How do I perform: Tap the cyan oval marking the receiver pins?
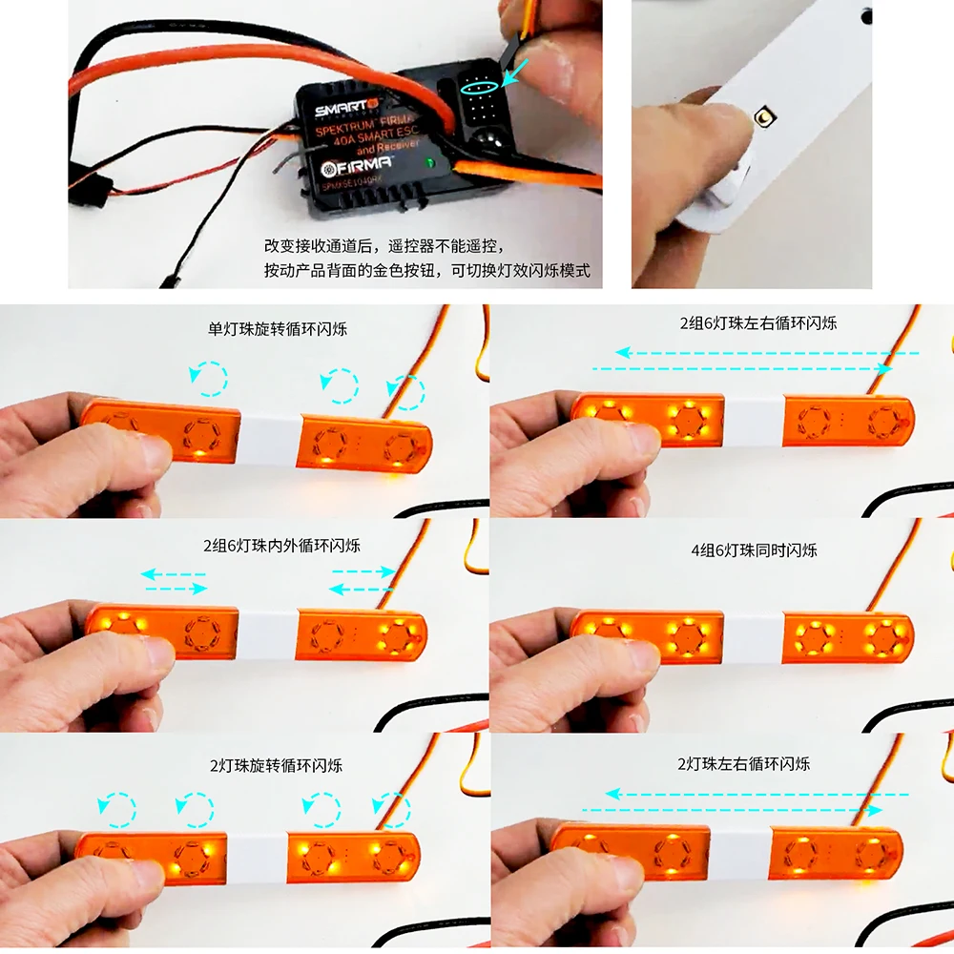477,87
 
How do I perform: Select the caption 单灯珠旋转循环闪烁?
278,330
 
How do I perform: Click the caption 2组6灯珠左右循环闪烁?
757,323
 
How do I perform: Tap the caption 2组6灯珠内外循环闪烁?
280,546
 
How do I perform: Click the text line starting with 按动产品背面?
427,271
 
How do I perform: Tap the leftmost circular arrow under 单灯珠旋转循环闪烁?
210,378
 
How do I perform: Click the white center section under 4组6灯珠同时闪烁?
753,638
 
